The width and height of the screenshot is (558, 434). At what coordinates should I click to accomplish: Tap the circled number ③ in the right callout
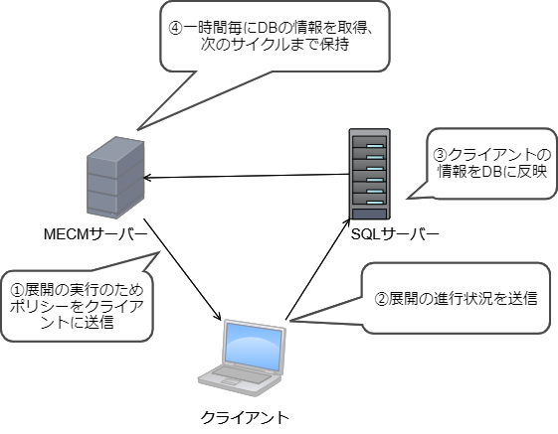point(443,157)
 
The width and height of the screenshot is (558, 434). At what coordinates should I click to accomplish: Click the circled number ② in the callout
point(379,297)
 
